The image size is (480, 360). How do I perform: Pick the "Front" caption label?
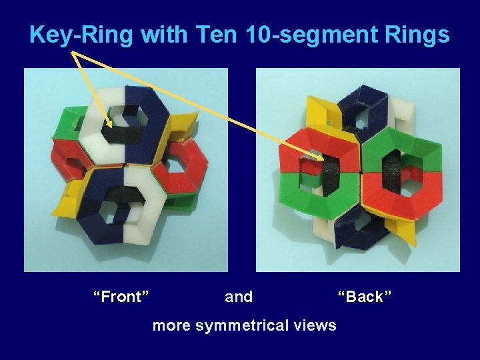pyautogui.click(x=121, y=297)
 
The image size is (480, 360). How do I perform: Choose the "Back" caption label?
pyautogui.click(x=365, y=297)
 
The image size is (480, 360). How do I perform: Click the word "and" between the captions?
pyautogui.click(x=239, y=297)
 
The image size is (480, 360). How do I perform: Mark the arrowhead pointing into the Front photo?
pyautogui.click(x=109, y=124)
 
